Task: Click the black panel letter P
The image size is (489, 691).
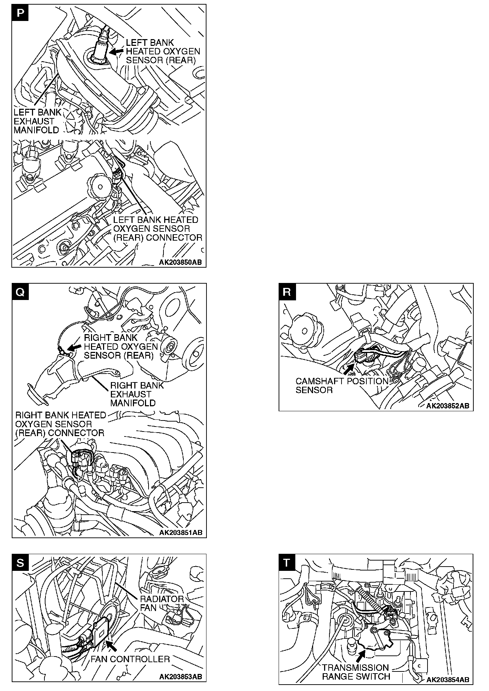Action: [20, 13]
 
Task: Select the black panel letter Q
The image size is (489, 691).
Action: [20, 292]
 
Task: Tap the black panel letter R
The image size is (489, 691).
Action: [287, 292]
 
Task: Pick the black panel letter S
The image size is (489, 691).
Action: [20, 562]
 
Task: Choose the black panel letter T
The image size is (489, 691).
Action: [287, 562]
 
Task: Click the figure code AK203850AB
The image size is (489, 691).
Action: [180, 262]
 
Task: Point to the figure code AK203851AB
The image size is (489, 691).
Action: [181, 532]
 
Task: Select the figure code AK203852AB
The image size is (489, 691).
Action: [448, 406]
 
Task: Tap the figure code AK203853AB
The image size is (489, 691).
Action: [181, 676]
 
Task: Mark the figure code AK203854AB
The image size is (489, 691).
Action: [448, 680]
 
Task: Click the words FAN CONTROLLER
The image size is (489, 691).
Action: [130, 659]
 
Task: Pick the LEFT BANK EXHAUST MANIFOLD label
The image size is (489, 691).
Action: [37, 121]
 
